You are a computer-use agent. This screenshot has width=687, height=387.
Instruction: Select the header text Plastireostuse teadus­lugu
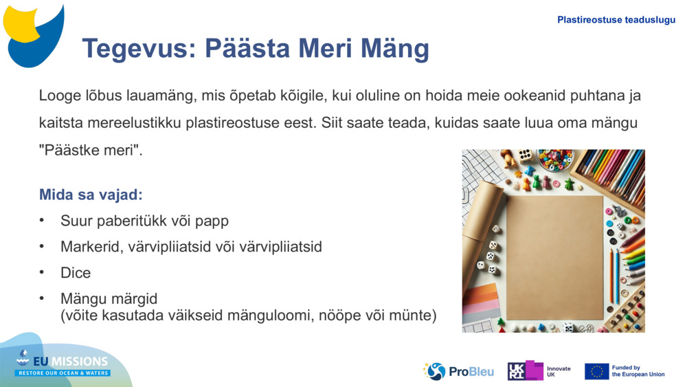click(x=616, y=20)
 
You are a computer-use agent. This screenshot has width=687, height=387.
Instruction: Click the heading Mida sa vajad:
click(x=91, y=195)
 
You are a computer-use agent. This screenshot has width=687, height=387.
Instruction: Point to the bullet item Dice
click(x=76, y=273)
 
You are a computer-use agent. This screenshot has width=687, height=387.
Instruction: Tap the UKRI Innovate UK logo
click(x=539, y=371)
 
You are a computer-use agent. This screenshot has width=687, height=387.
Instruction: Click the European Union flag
click(x=596, y=371)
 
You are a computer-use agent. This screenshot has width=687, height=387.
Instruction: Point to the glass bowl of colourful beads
click(x=554, y=159)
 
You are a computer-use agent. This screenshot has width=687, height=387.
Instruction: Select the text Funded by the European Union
click(x=638, y=371)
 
